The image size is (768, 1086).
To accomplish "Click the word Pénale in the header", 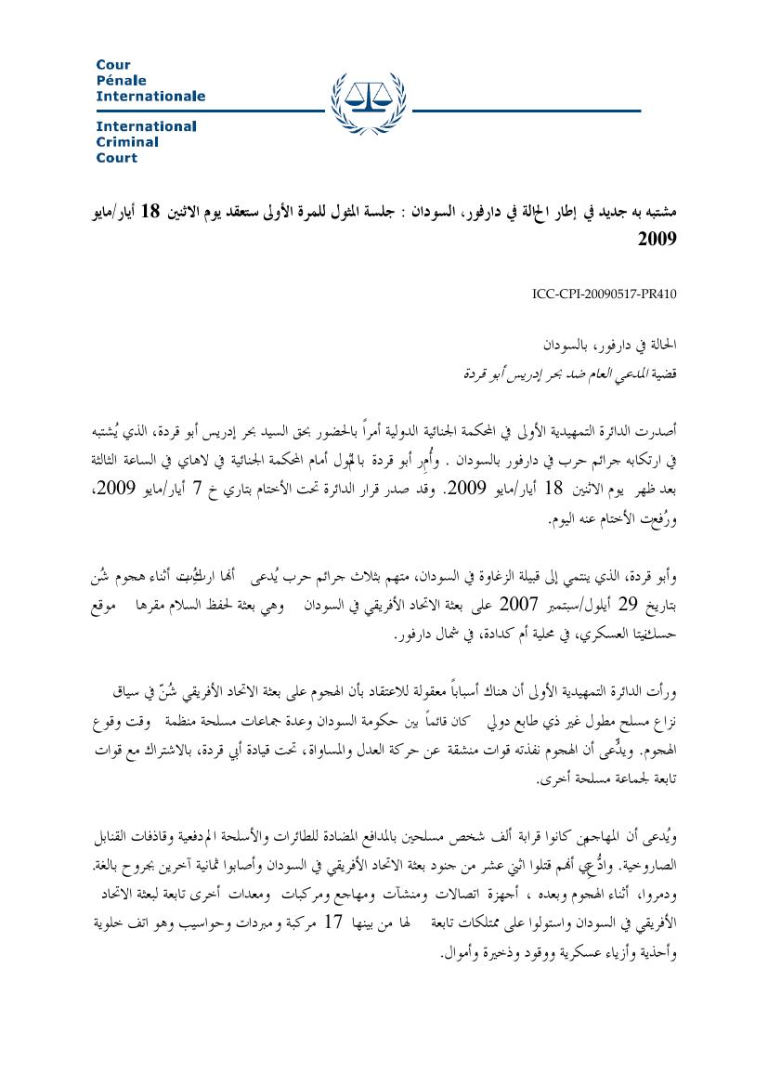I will pyautogui.click(x=121, y=81).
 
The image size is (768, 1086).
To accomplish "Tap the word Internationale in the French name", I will pyautogui.click(x=150, y=97).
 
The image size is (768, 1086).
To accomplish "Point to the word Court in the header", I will pyautogui.click(x=116, y=158).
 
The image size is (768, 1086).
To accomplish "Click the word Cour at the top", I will pyautogui.click(x=113, y=65).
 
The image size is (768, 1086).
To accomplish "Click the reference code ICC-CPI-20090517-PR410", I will pyautogui.click(x=605, y=294).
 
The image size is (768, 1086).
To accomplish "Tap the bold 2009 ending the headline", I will pyautogui.click(x=657, y=239).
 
